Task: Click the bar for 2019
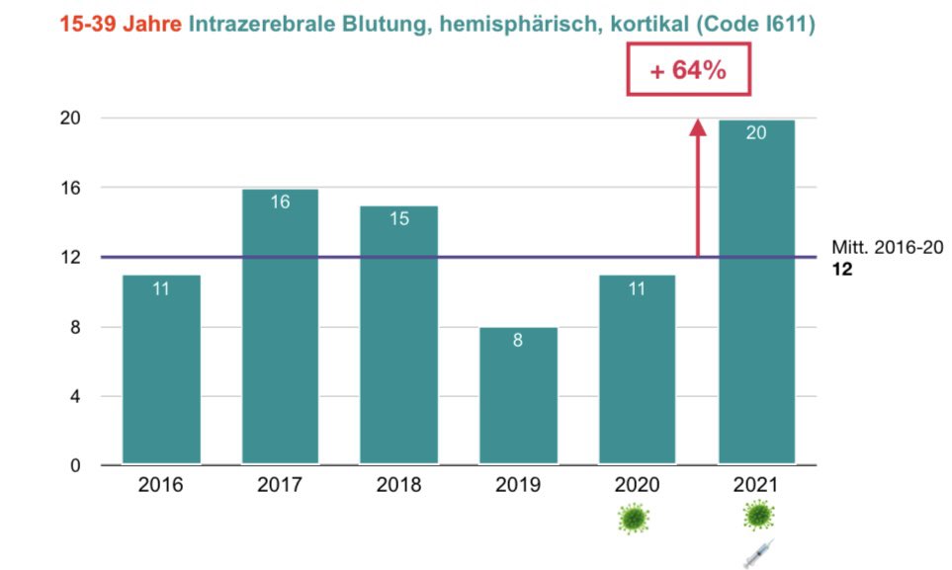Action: [x=518, y=395]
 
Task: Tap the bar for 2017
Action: [x=280, y=326]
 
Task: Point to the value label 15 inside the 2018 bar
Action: [x=398, y=219]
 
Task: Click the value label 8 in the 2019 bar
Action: [x=518, y=341]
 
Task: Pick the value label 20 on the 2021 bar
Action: [x=756, y=132]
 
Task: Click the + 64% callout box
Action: [x=689, y=71]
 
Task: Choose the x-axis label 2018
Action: [x=398, y=485]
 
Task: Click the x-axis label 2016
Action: [x=161, y=485]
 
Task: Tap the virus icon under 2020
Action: [x=637, y=519]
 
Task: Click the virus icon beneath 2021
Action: [x=758, y=516]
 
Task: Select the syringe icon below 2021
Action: [x=758, y=552]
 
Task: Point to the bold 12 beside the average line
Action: [x=842, y=269]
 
